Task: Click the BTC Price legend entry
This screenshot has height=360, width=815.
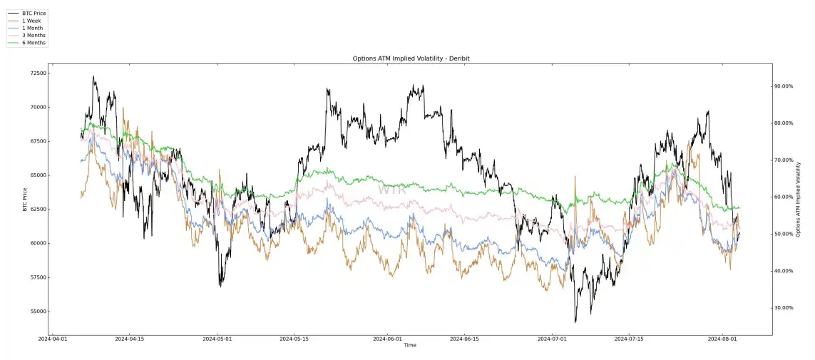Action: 34,14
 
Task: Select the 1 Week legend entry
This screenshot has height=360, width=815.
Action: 31,21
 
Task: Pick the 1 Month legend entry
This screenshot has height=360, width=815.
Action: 32,28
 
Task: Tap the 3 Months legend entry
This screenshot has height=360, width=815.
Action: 34,35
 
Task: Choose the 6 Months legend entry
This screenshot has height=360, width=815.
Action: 34,43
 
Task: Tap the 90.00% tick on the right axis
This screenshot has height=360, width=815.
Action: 784,86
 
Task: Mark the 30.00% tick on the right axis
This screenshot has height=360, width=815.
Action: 784,308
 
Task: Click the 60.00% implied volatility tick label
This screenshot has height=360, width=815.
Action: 784,197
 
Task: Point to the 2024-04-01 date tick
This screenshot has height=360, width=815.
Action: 53,339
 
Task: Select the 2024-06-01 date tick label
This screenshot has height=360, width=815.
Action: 389,339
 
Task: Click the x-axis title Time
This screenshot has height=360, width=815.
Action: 410,346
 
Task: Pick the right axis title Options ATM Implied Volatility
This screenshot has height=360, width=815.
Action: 799,199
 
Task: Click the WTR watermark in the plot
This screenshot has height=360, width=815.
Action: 391,190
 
